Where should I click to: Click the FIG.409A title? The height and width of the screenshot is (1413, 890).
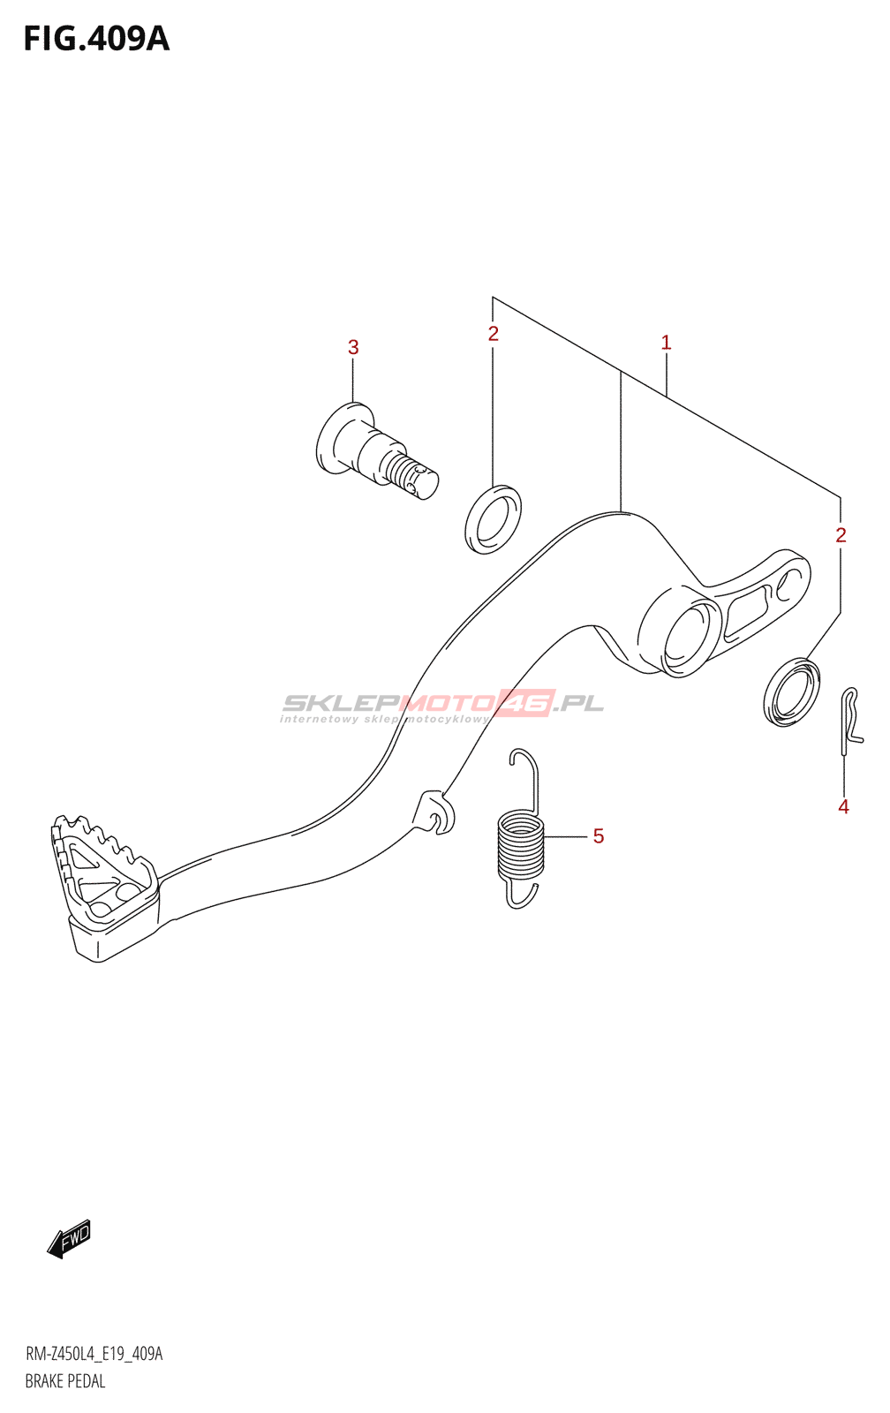coord(96,39)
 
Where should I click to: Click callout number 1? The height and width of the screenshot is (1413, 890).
coord(666,343)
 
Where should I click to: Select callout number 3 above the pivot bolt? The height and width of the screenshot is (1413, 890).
coord(353,348)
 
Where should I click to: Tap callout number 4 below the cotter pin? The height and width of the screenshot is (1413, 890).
coord(843,806)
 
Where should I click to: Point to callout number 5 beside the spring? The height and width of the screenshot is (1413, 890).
coord(599,836)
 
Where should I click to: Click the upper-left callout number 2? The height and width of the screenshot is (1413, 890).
coord(493,334)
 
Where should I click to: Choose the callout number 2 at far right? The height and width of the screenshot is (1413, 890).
coord(841,535)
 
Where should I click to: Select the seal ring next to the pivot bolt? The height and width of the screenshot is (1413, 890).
coord(493,519)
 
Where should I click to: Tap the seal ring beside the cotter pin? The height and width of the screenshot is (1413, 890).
coord(791,691)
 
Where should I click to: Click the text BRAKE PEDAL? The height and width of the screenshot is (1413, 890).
coord(65,1381)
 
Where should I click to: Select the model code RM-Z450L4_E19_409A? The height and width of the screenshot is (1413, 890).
coord(94,1354)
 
